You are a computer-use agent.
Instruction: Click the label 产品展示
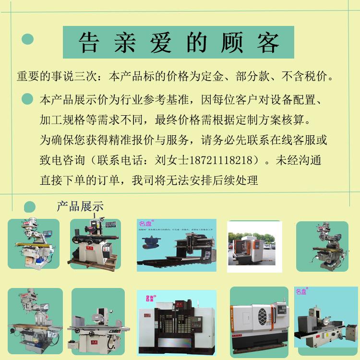click(80, 206)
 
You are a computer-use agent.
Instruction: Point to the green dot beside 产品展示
click(29, 206)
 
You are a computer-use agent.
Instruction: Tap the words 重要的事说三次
click(58, 77)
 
